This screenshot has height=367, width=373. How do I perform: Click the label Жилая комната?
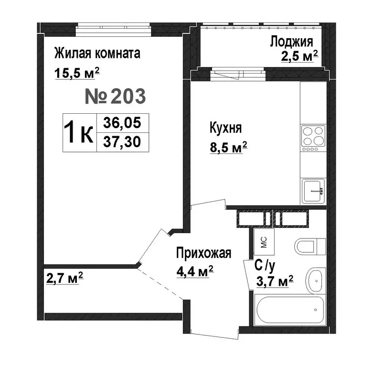pyautogui.click(x=97, y=53)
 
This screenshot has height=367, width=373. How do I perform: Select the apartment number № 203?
pyautogui.click(x=115, y=97)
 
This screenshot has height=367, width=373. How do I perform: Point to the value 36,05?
pyautogui.click(x=122, y=123)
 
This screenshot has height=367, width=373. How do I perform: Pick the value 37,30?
pyautogui.click(x=122, y=142)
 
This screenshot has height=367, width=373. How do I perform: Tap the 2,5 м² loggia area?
pyautogui.click(x=299, y=57)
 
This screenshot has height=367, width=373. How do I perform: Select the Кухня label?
pyautogui.click(x=225, y=129)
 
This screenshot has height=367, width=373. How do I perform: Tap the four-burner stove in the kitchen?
pyautogui.click(x=312, y=135)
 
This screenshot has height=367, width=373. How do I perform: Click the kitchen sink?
pyautogui.click(x=313, y=191)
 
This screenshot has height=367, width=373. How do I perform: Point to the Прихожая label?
pyautogui.click(x=203, y=253)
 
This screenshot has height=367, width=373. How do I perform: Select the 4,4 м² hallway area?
pyautogui.click(x=194, y=273)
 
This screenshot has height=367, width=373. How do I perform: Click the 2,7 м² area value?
pyautogui.click(x=65, y=278)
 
